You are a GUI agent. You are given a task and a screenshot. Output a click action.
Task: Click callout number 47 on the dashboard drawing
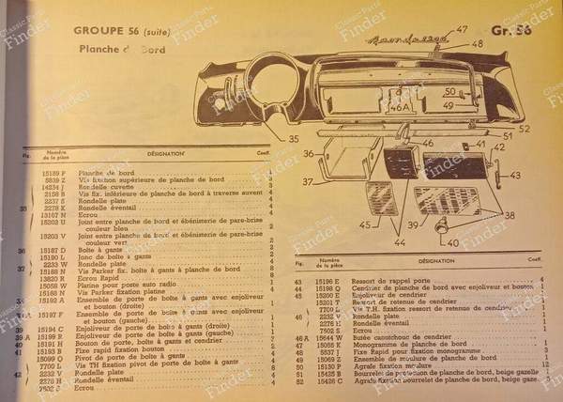[461, 29]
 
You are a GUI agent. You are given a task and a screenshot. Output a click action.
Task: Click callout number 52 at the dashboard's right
[524, 129]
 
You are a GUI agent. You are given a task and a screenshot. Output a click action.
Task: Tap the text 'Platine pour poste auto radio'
[129, 284]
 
